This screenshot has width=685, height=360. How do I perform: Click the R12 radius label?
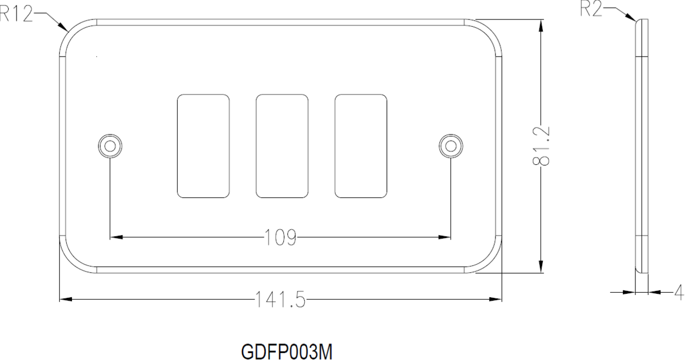tap(16, 14)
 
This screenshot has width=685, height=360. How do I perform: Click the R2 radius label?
tap(591, 10)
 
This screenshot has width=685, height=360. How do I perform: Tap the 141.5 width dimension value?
tap(280, 299)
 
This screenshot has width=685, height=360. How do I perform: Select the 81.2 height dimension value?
tap(541, 146)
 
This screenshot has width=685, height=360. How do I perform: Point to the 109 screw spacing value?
tap(280, 237)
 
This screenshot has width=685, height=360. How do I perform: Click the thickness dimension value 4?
tap(679, 293)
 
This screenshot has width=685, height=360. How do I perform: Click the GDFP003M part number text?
tap(287, 352)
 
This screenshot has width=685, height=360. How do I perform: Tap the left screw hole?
tap(110, 146)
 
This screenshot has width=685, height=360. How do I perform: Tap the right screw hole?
tap(451, 146)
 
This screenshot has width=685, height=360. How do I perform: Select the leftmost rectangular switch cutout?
tap(203, 146)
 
